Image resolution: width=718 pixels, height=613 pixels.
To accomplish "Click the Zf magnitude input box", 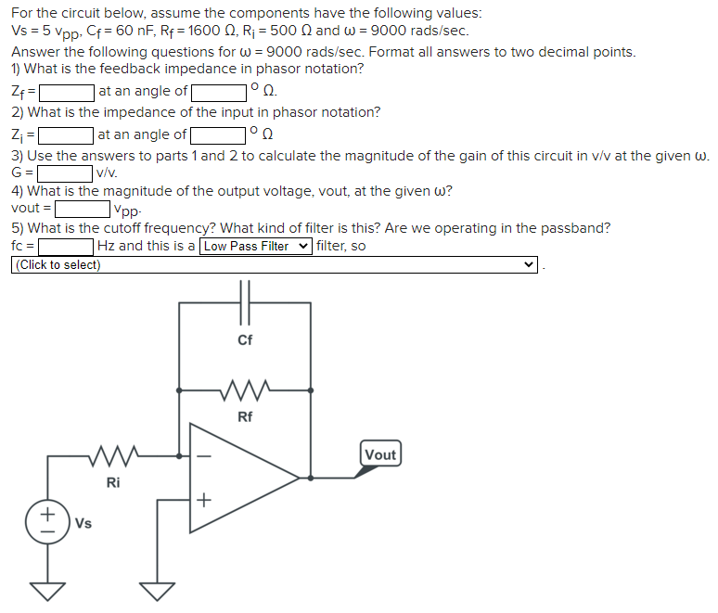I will tap(67, 92).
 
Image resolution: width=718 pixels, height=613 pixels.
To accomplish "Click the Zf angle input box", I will tap(219, 92).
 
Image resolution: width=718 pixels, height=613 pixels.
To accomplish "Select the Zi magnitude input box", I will tap(66, 135).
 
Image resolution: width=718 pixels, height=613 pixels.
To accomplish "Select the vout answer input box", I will tap(81, 210).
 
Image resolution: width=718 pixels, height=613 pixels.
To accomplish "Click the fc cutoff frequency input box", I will tap(67, 247).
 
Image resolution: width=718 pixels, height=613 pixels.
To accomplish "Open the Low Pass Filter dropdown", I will tap(256, 247).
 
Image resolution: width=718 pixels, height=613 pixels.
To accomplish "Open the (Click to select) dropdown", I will tap(274, 265).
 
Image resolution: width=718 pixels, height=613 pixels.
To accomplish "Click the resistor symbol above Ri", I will tap(113, 455).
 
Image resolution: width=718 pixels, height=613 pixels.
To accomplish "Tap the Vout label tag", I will tap(380, 454).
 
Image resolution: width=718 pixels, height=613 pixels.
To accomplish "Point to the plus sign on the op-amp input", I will tap(205, 500).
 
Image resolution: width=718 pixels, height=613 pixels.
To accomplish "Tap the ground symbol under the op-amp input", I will tap(156, 588).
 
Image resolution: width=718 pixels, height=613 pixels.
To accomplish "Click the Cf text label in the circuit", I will tap(245, 339).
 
